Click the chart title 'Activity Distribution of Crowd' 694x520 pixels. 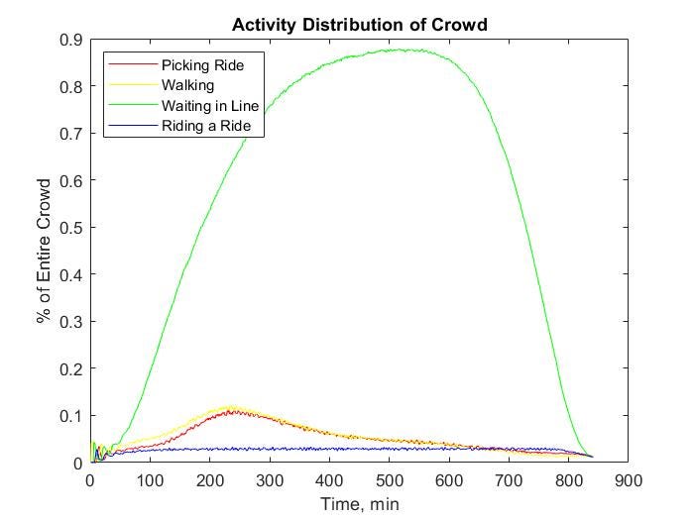[x=359, y=25]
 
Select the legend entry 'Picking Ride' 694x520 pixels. [x=202, y=64]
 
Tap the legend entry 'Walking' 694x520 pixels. [x=187, y=85]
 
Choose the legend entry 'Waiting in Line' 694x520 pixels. [x=209, y=105]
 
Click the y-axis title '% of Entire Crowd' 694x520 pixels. [x=44, y=251]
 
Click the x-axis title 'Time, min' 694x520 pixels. [x=359, y=503]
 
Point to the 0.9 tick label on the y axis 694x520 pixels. [x=71, y=40]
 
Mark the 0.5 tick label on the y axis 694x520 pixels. [x=71, y=228]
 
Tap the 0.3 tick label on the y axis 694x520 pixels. [x=71, y=322]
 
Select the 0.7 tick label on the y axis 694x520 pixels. [x=71, y=134]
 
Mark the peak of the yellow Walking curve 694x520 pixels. [x=232, y=406]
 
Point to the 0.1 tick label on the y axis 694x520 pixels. [x=71, y=416]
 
